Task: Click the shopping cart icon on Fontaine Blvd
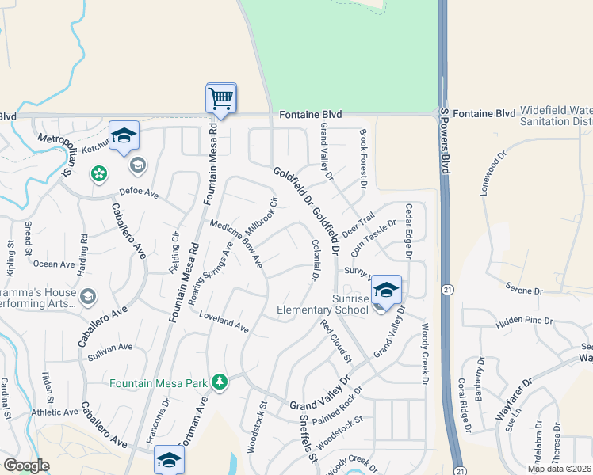coord(220,98)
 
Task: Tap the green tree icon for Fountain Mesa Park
coord(220,383)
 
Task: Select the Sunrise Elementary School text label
coord(323,304)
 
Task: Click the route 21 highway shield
coord(449,291)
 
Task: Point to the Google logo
coord(26,465)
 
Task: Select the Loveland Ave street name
coord(224,321)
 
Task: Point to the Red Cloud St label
coord(335,342)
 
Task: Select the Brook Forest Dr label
coord(362,158)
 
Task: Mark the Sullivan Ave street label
coord(110,347)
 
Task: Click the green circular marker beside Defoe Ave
coord(98,173)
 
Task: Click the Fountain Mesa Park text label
coord(159,384)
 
